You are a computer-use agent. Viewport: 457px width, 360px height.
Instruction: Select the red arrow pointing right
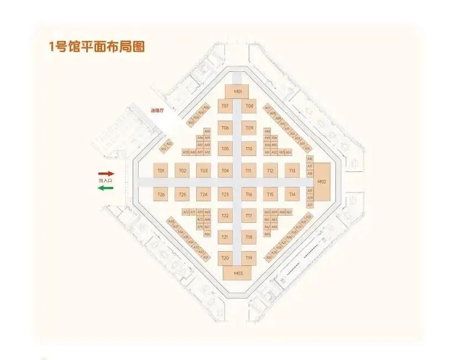click(x=106, y=173)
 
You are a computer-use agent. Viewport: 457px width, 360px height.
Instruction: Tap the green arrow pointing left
click(x=106, y=188)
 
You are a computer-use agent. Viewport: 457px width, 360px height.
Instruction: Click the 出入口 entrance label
click(x=105, y=181)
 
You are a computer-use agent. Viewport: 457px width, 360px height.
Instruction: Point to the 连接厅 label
click(x=157, y=110)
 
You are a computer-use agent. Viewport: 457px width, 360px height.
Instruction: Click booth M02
click(x=323, y=181)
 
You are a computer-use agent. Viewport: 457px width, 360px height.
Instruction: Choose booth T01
click(x=161, y=170)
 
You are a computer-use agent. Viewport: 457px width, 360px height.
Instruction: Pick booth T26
click(x=161, y=194)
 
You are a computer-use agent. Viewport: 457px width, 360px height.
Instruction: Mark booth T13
click(x=292, y=170)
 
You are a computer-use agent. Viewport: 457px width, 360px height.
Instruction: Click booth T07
click(x=225, y=106)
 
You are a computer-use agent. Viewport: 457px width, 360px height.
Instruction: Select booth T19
click(x=249, y=258)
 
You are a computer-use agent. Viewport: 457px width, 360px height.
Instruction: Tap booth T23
click(x=225, y=194)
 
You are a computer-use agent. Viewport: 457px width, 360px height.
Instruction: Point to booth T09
click(x=249, y=128)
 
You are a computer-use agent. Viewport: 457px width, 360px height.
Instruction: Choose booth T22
click(x=225, y=215)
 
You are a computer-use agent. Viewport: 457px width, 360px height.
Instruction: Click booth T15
click(x=270, y=194)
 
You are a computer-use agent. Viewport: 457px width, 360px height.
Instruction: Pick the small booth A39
click(x=186, y=152)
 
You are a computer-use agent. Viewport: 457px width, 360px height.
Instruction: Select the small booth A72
click(x=186, y=212)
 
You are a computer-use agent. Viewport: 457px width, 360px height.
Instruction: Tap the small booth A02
click(x=169, y=144)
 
